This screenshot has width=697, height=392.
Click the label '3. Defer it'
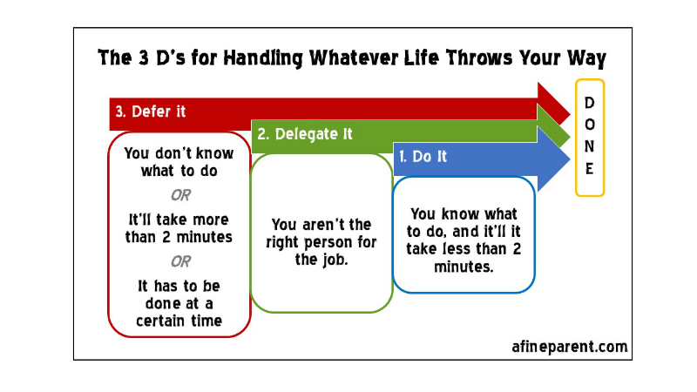point(150,112)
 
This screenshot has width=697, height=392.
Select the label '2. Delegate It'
point(305,134)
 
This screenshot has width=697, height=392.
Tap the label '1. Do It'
point(423,157)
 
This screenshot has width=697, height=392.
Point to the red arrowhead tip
point(570,114)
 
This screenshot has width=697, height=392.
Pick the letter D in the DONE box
point(590,103)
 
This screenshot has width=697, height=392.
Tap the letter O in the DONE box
point(590,125)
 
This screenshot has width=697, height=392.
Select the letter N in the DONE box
point(590,146)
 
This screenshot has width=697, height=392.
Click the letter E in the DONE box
point(590,169)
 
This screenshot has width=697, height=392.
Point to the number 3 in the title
point(144,58)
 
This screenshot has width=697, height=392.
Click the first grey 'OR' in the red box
point(180,195)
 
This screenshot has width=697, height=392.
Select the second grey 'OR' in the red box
point(180,261)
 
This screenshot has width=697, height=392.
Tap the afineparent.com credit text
point(570,347)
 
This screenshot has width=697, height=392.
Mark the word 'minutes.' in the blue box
point(464,267)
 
